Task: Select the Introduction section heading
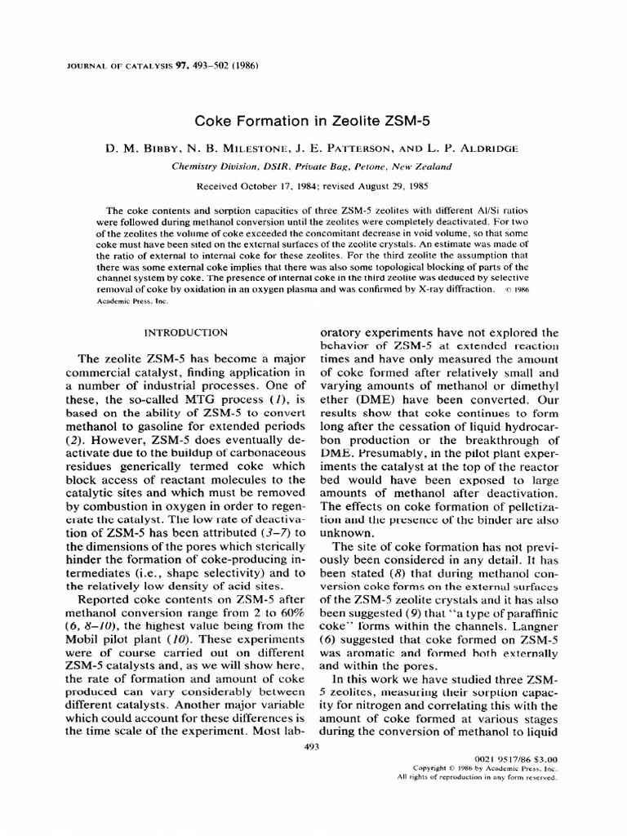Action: (185, 332)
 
